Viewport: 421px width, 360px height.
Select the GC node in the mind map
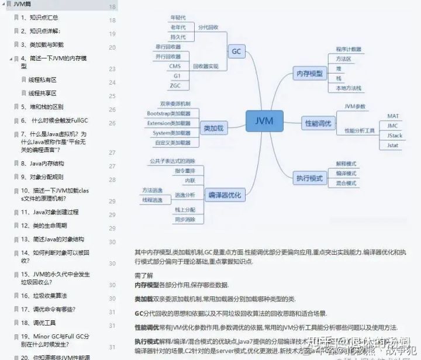click(x=236, y=51)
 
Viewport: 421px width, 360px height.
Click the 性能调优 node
click(x=318, y=123)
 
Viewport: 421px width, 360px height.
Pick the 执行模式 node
click(x=310, y=177)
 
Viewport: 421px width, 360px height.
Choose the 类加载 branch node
click(x=215, y=128)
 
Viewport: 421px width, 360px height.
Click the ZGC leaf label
click(x=175, y=85)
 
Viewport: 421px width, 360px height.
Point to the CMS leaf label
click(x=175, y=66)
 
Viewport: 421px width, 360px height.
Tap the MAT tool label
click(x=393, y=116)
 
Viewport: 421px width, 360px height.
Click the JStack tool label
click(x=395, y=136)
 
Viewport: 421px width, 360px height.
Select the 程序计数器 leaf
click(x=348, y=50)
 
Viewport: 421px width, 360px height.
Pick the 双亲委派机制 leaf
click(x=175, y=103)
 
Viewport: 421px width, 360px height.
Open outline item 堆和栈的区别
click(x=42, y=107)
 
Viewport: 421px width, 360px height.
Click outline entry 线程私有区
click(x=42, y=79)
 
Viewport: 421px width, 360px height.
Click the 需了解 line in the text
click(x=144, y=274)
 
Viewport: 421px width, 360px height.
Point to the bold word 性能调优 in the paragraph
click(x=147, y=327)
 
